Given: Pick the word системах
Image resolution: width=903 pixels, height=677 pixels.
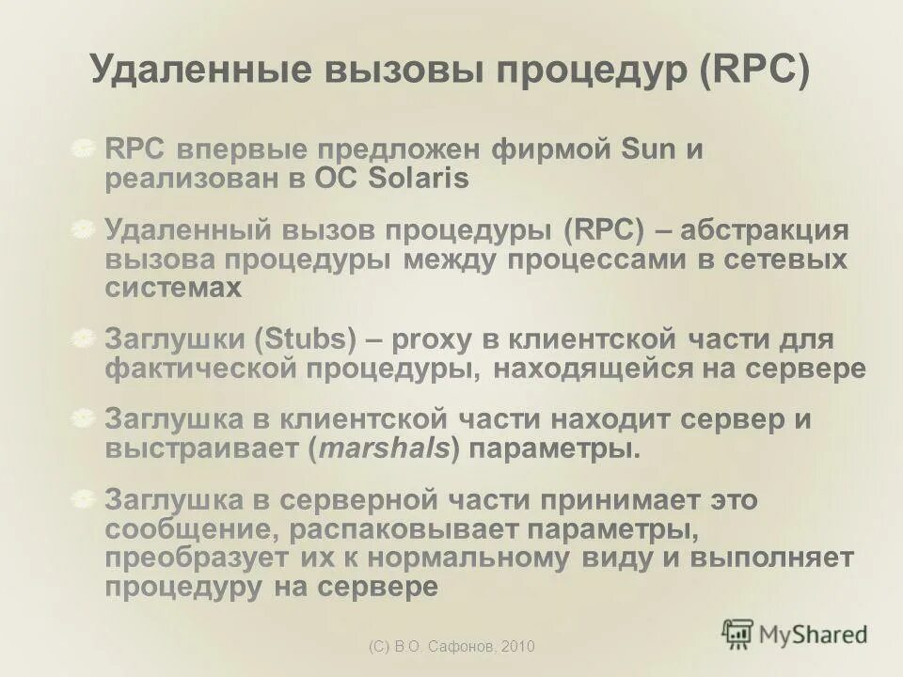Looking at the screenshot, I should coord(173,288).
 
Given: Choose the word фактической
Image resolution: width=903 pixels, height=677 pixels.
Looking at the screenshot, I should coord(197,369).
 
